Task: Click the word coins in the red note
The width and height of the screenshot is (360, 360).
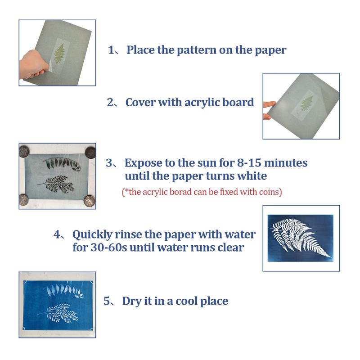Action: click(269, 192)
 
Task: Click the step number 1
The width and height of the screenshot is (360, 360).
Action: click(112, 50)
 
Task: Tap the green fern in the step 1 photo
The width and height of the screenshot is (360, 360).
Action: click(58, 54)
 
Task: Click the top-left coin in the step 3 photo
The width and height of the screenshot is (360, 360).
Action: click(24, 152)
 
